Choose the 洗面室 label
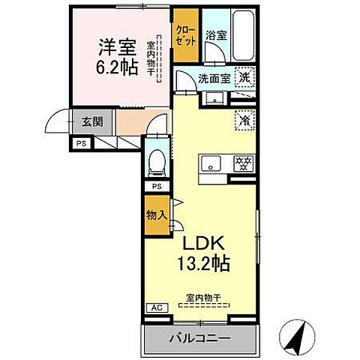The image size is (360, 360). (x=212, y=77)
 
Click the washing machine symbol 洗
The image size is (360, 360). (x=244, y=76)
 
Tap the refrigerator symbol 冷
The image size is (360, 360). (x=244, y=119)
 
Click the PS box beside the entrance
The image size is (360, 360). (x=80, y=143)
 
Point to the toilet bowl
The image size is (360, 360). (x=156, y=160)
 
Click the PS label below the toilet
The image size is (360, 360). (x=157, y=186)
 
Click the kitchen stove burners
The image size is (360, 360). (x=244, y=162)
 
